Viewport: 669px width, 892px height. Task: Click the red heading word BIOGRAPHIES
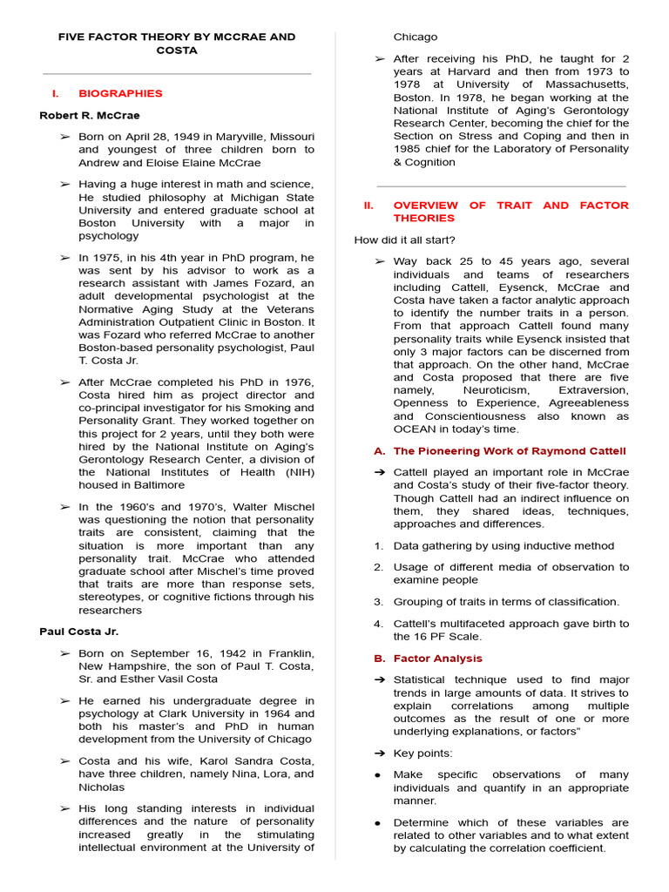point(120,93)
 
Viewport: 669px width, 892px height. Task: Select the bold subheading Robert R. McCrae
point(89,115)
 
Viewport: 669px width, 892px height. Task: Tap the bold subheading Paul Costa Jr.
point(78,632)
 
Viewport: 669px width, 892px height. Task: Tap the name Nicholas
point(102,787)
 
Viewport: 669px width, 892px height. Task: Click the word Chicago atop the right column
point(416,37)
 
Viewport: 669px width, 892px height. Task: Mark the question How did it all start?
point(404,240)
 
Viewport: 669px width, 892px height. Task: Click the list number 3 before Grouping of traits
point(378,602)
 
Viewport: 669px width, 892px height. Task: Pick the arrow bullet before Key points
point(379,753)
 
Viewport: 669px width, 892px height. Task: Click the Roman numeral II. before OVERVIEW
point(368,206)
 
